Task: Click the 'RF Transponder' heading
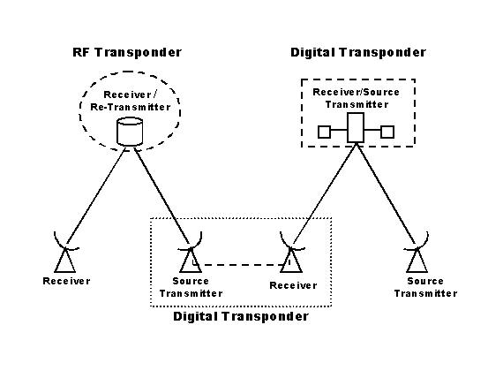point(127,52)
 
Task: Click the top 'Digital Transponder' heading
point(358,52)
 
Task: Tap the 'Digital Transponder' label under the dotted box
point(241,317)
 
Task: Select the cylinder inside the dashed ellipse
point(130,132)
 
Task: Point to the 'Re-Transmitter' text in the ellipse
point(131,107)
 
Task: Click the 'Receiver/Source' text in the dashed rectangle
point(357,92)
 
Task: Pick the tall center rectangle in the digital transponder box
point(356,127)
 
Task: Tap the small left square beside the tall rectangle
point(325,132)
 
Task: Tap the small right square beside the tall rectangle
point(387,132)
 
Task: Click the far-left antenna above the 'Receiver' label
point(65,253)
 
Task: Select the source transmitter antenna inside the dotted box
point(191,253)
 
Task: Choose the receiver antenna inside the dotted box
point(291,253)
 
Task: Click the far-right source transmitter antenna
point(417,253)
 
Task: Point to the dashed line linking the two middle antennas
point(241,265)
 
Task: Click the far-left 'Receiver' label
point(67,281)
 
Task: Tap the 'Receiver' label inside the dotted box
point(293,285)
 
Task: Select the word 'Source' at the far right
point(425,281)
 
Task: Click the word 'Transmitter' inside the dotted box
point(191,293)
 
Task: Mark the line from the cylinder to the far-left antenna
point(95,197)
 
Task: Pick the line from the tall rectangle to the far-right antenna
point(387,195)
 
